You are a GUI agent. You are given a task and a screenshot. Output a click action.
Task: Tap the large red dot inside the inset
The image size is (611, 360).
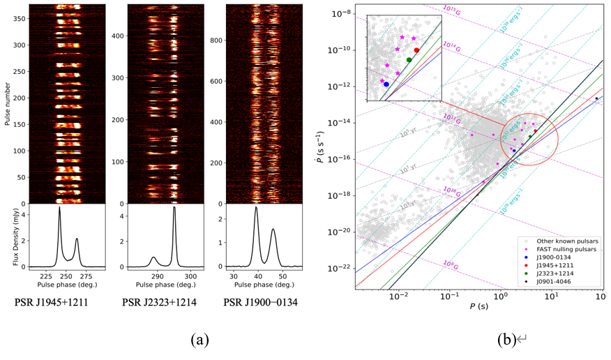coord(416,50)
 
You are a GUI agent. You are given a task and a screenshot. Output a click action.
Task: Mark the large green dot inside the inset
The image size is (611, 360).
coord(409,60)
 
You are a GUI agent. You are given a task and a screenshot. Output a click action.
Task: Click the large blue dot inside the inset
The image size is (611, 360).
coord(386,84)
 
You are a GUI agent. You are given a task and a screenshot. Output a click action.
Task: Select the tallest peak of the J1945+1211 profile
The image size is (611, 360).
coord(59,207)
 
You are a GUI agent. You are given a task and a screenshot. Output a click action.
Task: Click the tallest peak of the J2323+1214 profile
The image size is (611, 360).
coord(174,207)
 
